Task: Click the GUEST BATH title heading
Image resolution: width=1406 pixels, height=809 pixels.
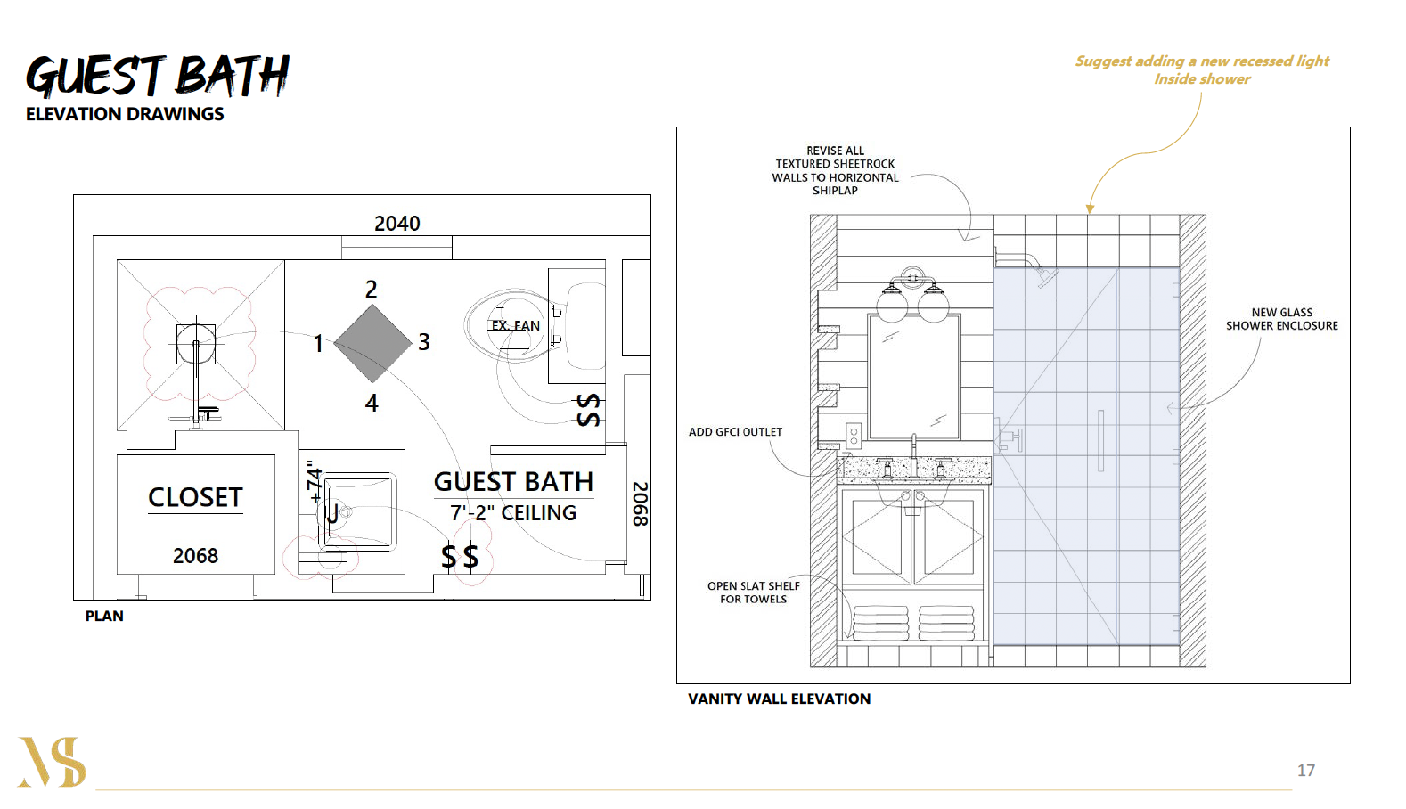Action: point(158,76)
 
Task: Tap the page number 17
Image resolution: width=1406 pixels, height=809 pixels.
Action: point(1305,771)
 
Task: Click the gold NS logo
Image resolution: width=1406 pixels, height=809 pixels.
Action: point(52,762)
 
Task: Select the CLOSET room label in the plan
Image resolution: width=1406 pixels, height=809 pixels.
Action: point(195,497)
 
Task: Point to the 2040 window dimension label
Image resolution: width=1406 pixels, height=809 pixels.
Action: point(396,224)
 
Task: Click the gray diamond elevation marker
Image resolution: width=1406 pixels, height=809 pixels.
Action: point(372,343)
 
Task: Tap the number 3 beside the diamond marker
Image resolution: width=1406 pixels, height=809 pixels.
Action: point(424,342)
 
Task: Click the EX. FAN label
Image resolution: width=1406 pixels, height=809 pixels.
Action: point(515,326)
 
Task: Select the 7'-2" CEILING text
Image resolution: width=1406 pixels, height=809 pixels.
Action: point(513,513)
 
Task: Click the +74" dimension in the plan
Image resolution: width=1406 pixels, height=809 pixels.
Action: point(314,482)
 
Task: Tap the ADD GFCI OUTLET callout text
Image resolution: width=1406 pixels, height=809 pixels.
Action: point(735,432)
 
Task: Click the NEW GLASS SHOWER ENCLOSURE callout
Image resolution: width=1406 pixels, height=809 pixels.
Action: point(1281,319)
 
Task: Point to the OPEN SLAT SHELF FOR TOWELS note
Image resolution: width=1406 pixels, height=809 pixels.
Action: point(753,592)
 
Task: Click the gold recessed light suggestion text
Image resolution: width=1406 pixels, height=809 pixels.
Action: point(1202,69)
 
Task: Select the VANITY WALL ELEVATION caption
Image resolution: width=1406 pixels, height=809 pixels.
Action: point(779,699)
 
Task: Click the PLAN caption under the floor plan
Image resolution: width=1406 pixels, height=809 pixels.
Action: point(104,617)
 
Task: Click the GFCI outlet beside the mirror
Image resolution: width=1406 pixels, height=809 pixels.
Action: point(854,435)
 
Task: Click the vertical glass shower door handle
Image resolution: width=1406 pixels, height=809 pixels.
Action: point(1100,441)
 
